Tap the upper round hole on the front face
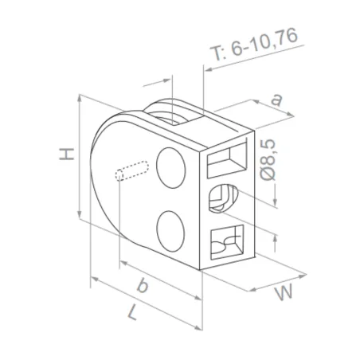(170, 166)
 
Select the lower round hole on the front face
(170, 230)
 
